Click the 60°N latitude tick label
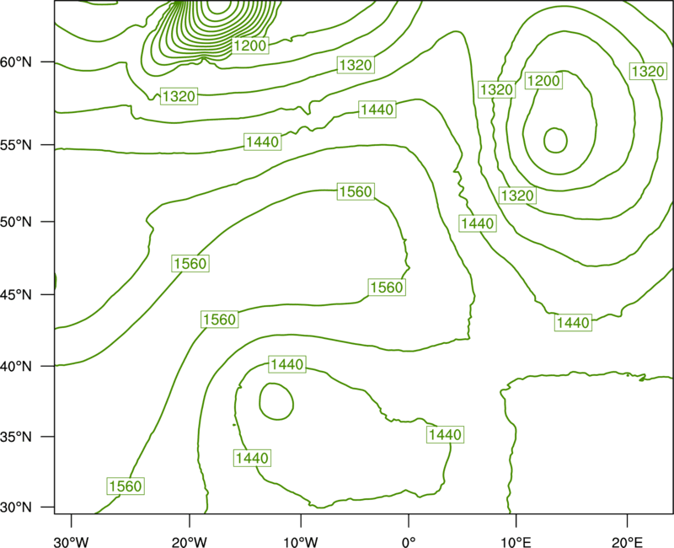[x=16, y=62]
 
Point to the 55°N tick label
[x=16, y=145]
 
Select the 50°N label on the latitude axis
[x=16, y=222]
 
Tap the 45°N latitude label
[x=16, y=295]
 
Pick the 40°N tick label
[x=16, y=367]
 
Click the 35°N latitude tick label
[x=16, y=437]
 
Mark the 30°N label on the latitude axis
[x=16, y=508]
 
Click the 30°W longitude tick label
[x=71, y=542]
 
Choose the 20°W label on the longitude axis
[x=189, y=542]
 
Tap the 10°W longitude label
[x=301, y=542]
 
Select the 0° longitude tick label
[x=409, y=542]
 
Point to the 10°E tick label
[x=516, y=542]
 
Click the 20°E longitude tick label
[x=627, y=542]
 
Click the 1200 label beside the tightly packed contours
[x=250, y=46]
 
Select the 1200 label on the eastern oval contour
[x=543, y=81]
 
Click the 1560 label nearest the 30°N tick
[x=125, y=486]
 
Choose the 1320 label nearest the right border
[x=648, y=71]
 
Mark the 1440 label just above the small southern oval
[x=287, y=365]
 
